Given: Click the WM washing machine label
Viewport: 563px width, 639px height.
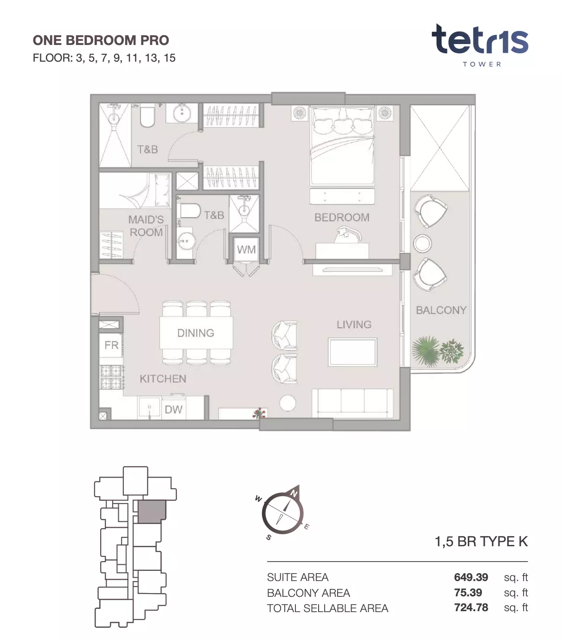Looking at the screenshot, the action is coord(246,249).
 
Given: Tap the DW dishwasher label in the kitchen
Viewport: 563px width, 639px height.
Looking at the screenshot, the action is coord(173,409).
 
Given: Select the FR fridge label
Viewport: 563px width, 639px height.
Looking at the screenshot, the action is coord(111,345).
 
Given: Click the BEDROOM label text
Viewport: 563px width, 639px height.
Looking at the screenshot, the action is coord(342,217).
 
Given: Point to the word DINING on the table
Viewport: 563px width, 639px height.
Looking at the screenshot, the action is coord(196,333).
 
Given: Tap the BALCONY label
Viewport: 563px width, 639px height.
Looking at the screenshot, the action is coord(441,310).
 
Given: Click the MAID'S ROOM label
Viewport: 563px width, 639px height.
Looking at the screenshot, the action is coord(146,226).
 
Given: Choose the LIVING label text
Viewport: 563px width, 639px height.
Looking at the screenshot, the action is coord(354,325).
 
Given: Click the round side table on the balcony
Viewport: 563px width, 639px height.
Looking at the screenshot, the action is coord(422,243).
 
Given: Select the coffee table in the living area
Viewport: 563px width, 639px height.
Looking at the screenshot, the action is coord(352,352).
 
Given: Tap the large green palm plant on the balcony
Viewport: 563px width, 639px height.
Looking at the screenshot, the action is coord(425,351).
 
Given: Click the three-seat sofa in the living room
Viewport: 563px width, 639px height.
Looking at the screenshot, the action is coord(352,404).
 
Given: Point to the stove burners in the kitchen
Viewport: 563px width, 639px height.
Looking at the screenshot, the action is coord(111,377).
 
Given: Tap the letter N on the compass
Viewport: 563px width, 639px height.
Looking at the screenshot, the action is coord(294,493).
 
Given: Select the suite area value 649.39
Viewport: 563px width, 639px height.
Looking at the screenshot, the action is coord(471,577).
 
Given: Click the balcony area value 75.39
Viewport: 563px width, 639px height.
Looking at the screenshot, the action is coord(468,593).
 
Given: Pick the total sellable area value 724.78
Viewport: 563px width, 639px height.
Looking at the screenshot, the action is coord(471,607).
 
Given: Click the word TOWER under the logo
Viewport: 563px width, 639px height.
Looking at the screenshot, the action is coord(482,64).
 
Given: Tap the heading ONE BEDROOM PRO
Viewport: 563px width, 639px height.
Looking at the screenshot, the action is coord(101,40).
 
